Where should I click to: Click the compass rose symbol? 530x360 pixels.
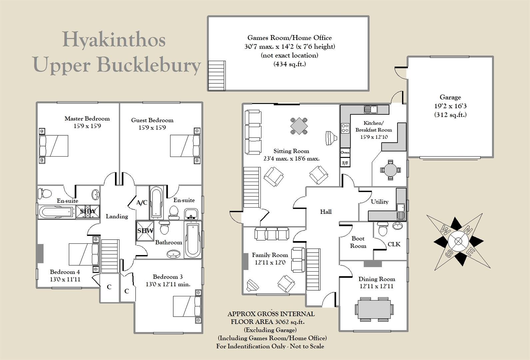[458, 242]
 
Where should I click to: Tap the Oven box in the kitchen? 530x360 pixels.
[345, 153]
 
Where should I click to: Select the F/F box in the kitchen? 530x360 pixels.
[345, 163]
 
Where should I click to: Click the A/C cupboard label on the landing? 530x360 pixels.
[142, 203]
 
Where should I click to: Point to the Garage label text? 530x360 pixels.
[450, 97]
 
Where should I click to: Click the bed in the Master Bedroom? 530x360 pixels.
[54, 146]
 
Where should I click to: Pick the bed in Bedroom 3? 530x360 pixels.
[187, 306]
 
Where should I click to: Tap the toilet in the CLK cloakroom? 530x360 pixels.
[382, 229]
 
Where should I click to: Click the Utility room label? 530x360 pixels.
[379, 202]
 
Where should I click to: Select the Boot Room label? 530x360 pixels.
[358, 242]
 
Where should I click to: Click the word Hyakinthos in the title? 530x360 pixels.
[114, 39]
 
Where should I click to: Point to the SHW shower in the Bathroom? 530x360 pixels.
[145, 231]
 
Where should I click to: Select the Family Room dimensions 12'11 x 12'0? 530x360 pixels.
[270, 262]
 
